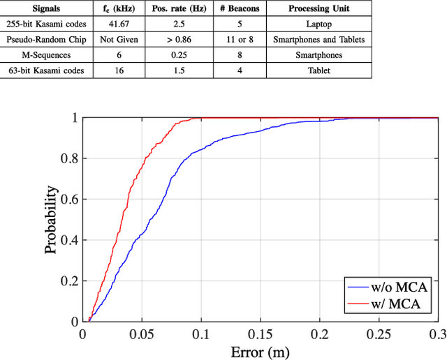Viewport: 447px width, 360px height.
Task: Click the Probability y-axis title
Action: click(52, 219)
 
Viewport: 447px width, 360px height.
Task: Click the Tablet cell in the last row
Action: click(318, 70)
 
